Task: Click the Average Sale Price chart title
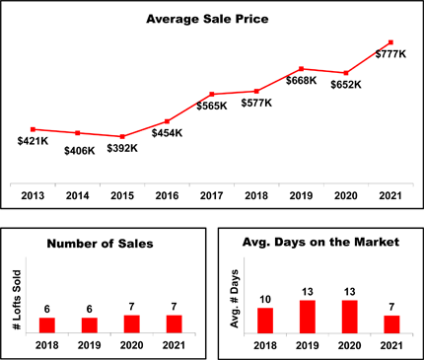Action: (207, 19)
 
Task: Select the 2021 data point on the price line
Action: (390, 42)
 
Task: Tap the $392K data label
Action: (122, 148)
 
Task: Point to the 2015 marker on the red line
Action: (122, 136)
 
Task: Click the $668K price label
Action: (301, 81)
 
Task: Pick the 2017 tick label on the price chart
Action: (212, 195)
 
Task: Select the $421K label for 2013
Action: (33, 141)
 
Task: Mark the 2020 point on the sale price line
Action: (346, 73)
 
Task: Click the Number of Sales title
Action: (100, 244)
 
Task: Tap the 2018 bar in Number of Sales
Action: (47, 325)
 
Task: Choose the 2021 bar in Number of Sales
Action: (175, 324)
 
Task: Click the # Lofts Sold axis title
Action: (16, 300)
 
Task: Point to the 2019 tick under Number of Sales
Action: (90, 345)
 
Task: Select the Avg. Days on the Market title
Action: (320, 243)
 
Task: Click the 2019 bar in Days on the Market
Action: (308, 317)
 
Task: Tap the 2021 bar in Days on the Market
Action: (391, 324)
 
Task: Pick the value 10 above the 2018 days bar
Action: (265, 300)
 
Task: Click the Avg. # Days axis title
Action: (234, 299)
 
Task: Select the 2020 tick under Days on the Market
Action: (349, 345)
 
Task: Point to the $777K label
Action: (390, 54)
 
